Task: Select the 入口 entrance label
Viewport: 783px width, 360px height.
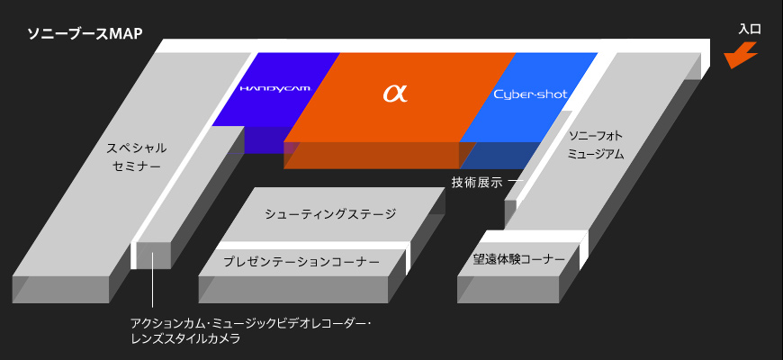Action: click(x=749, y=30)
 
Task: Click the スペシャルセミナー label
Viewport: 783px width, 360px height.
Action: click(x=137, y=157)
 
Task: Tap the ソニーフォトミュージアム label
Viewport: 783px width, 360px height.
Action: click(x=596, y=145)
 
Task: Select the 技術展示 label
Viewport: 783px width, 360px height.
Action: click(x=477, y=182)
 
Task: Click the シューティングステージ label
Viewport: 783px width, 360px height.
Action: click(x=330, y=214)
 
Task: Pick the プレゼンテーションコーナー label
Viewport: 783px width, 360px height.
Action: click(x=301, y=262)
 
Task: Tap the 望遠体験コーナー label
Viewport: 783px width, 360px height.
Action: click(x=518, y=259)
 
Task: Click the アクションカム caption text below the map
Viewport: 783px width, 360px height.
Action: click(x=250, y=322)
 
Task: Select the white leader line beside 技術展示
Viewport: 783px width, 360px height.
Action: click(x=515, y=182)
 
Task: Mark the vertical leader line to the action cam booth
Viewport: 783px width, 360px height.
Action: click(x=153, y=292)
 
